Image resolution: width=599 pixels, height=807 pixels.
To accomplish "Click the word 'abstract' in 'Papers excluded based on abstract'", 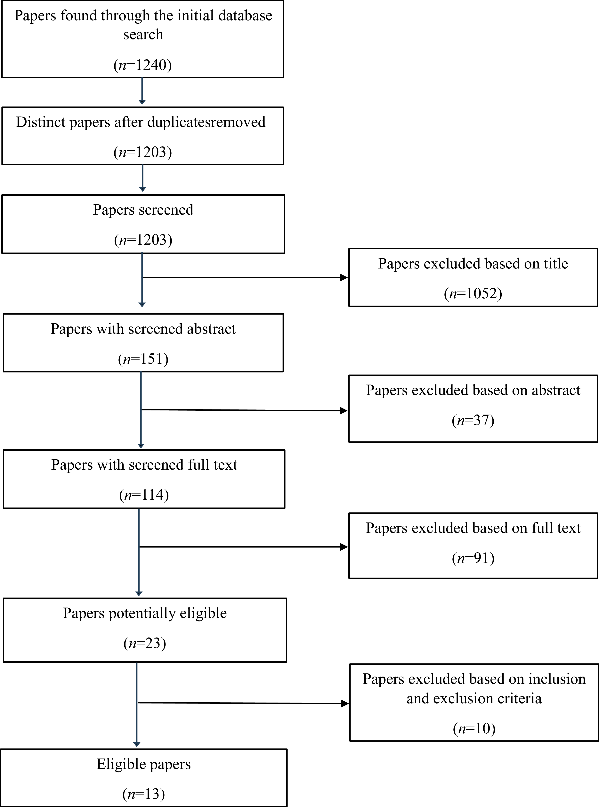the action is pos(556,390).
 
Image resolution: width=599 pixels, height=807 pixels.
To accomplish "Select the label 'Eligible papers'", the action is pos(144,764).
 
